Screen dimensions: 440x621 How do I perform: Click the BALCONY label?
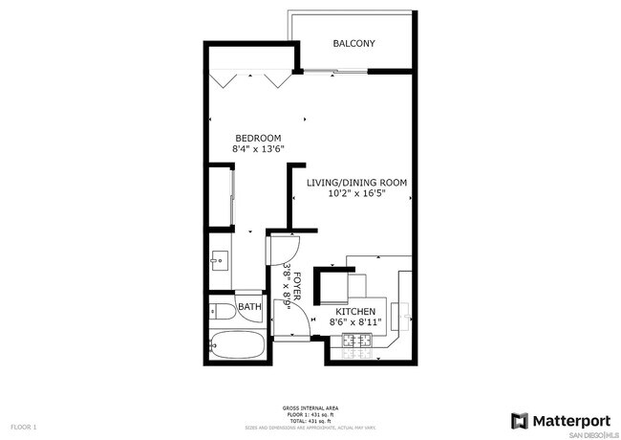[353, 44]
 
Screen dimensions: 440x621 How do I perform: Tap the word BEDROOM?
[258, 138]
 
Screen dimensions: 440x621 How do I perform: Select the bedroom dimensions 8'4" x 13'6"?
[258, 149]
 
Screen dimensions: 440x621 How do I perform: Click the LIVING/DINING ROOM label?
[356, 182]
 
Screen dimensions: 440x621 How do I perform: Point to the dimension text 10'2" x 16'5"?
[356, 194]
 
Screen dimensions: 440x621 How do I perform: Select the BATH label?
[249, 307]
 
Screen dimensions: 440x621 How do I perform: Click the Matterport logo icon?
[519, 421]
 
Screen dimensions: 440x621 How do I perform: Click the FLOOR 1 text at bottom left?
[23, 426]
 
